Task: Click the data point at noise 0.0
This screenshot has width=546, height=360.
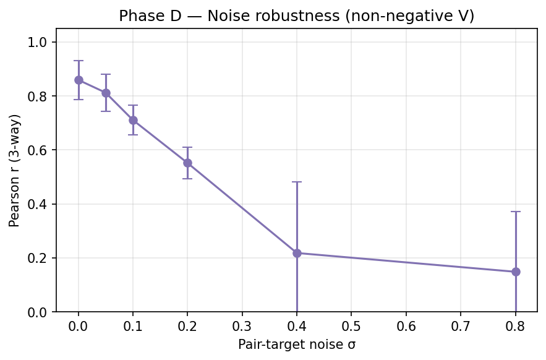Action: [x=79, y=80]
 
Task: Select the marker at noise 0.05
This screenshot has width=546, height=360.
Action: [x=106, y=93]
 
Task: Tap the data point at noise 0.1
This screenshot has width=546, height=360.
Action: [x=133, y=120]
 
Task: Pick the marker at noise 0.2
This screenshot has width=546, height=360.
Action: [x=187, y=163]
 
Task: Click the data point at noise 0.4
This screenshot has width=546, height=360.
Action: [x=297, y=253]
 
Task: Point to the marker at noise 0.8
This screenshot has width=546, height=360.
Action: [x=516, y=272]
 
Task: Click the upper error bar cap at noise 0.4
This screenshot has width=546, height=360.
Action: [x=297, y=182]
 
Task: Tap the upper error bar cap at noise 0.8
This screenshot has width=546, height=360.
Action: [x=516, y=212]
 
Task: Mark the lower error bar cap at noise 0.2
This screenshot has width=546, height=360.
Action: [x=187, y=179]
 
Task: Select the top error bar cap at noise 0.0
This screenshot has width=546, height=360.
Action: [x=79, y=61]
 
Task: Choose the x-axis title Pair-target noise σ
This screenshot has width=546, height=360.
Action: [x=297, y=345]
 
